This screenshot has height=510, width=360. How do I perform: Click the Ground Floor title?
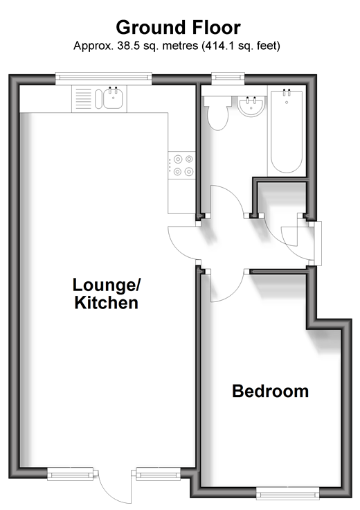(x=179, y=28)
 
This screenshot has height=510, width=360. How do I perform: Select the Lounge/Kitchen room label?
(x=106, y=294)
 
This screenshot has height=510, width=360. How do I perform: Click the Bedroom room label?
(x=270, y=391)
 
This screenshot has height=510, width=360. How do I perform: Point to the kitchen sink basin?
(x=113, y=98)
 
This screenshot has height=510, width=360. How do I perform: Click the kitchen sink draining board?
(x=83, y=99)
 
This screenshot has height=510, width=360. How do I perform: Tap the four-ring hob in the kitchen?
(x=181, y=165)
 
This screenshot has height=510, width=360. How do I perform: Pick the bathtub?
(x=287, y=132)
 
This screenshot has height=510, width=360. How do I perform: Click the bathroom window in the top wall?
(x=228, y=79)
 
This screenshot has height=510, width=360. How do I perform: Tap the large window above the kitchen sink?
(x=104, y=78)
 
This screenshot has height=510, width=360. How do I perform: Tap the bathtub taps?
(x=287, y=92)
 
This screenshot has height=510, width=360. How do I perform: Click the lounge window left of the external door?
(x=70, y=474)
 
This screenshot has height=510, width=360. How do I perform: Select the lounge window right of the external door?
(x=159, y=474)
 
